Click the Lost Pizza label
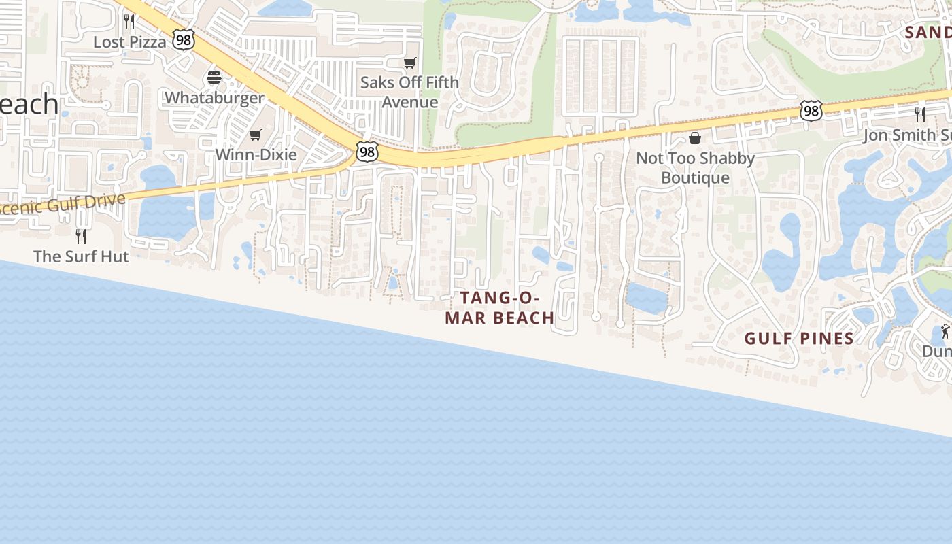(x=129, y=42)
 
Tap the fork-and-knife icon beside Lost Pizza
(x=129, y=22)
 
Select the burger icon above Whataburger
(x=214, y=78)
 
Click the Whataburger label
(x=214, y=98)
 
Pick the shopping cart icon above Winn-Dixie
(x=256, y=135)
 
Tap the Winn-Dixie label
(x=256, y=155)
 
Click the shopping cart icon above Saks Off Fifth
(x=409, y=63)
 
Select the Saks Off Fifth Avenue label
(x=409, y=92)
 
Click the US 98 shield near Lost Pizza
(x=183, y=39)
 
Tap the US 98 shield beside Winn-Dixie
(x=367, y=152)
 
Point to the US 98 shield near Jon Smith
(x=811, y=110)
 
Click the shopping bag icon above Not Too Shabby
(x=695, y=139)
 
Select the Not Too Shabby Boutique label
(x=695, y=168)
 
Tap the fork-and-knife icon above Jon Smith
(x=920, y=114)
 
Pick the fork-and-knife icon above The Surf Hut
(x=81, y=236)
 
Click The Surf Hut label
(x=81, y=256)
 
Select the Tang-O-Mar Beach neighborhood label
(x=500, y=307)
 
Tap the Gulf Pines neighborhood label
(x=799, y=339)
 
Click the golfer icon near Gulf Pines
(x=944, y=332)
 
